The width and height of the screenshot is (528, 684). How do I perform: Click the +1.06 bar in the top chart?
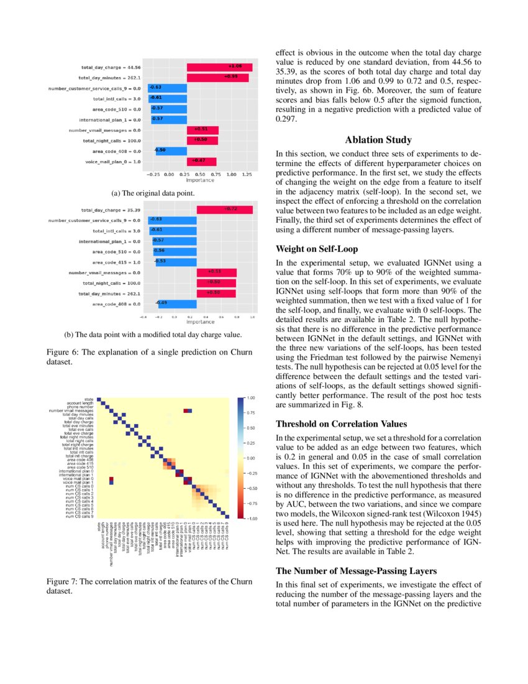(x=219, y=66)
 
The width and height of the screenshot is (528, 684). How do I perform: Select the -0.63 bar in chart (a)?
(x=167, y=88)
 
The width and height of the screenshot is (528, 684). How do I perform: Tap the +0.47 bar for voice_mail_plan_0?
(x=201, y=161)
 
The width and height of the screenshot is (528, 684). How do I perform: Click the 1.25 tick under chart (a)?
(x=247, y=175)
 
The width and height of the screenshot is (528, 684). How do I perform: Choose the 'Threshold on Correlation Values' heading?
(x=341, y=424)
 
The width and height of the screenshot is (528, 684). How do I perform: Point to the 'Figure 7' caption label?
(x=65, y=581)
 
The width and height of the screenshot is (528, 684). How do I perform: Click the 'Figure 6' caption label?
(x=65, y=353)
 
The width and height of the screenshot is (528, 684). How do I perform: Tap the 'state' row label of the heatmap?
(x=89, y=399)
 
